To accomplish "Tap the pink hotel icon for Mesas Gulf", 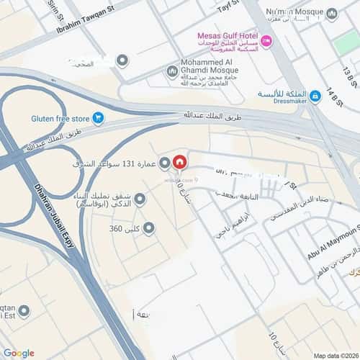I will tap(266, 42).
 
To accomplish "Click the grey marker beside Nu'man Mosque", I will tap(331, 14).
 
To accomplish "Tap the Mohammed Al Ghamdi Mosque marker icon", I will tap(171, 71).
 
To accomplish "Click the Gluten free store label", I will tap(60, 117).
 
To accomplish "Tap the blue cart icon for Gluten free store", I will tap(99, 117).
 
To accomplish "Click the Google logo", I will tap(19, 352).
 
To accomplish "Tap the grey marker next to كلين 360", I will tap(148, 229).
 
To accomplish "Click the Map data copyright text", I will tap(333, 355).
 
